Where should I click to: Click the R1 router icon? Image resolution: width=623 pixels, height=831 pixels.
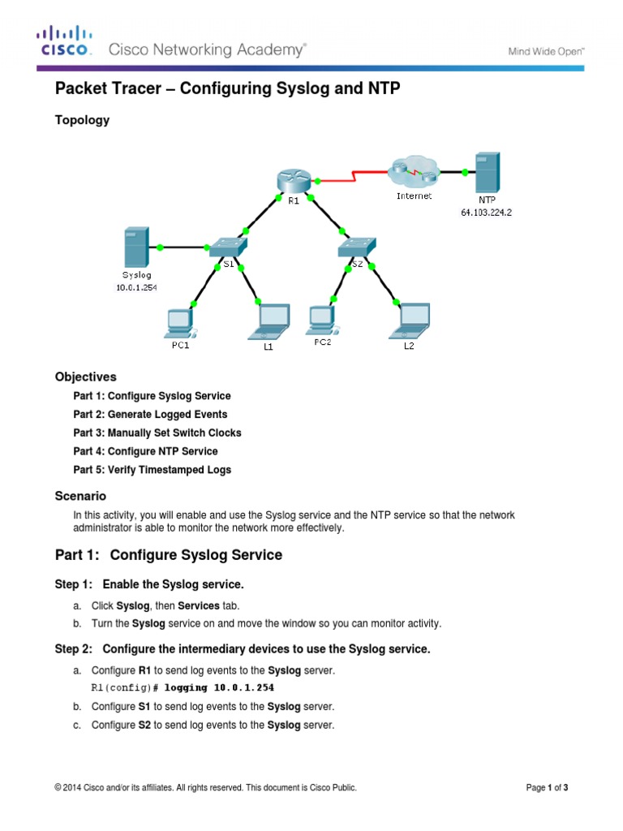coord(293,181)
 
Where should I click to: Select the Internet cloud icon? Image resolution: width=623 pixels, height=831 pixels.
coord(414,172)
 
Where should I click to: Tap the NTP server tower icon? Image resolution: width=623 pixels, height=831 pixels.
coord(488,172)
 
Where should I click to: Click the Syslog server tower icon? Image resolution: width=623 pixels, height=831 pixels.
coord(136,247)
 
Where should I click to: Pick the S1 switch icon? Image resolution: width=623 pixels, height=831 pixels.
coord(228,247)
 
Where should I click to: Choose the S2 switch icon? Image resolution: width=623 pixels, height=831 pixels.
coord(357,247)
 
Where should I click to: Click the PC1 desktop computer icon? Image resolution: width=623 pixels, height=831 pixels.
coord(181,323)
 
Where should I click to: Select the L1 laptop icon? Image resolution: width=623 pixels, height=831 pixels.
coord(269,321)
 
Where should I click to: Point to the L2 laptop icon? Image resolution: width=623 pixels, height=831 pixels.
coord(410,321)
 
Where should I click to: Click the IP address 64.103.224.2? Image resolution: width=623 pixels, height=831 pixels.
coord(487,213)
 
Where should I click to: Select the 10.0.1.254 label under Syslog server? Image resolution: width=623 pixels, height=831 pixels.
coord(136,288)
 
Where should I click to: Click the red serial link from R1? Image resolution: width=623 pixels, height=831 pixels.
coord(353,176)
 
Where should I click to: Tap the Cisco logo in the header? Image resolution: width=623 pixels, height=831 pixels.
coord(65,41)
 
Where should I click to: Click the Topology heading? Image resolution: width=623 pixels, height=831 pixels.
coord(82,120)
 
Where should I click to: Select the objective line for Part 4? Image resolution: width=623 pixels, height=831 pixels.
coord(146,451)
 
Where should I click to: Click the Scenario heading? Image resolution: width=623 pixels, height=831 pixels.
coord(80,496)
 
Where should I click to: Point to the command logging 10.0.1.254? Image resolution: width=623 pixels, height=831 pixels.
coord(219,688)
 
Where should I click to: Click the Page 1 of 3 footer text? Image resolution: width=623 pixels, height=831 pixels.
coord(548,787)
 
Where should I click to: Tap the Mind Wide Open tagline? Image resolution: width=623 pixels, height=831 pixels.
coord(546,51)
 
